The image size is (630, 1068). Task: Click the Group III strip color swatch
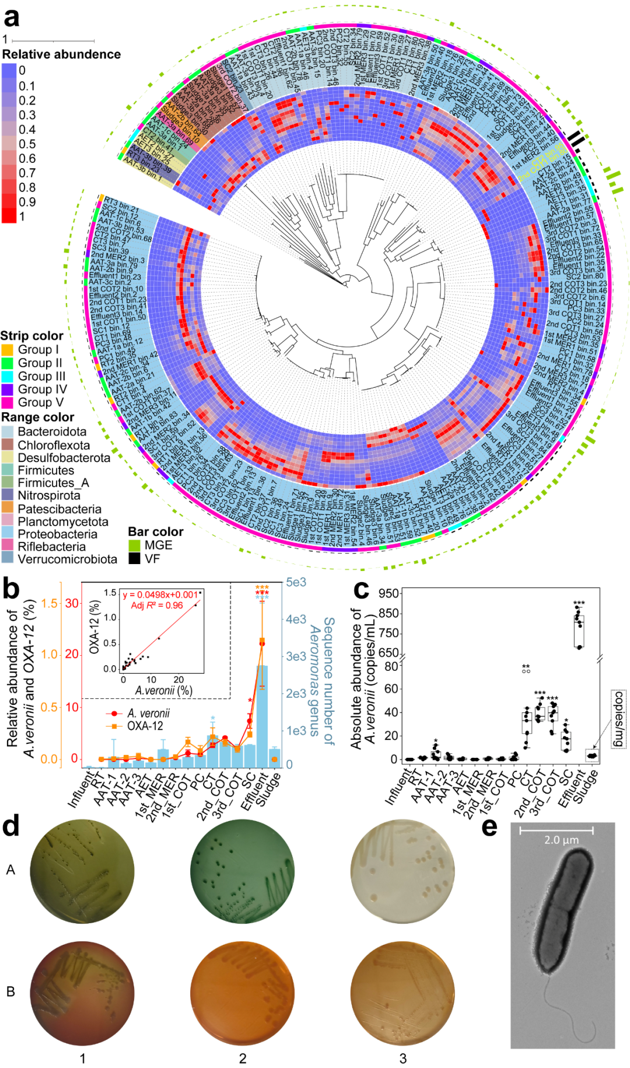tap(8, 376)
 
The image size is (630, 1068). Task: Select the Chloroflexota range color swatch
tap(8, 445)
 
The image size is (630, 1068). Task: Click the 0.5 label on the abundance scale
tap(27, 144)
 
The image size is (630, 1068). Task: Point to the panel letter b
tap(11, 589)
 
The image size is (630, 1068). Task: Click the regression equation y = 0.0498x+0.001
tap(160, 594)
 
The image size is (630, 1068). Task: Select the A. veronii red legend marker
tap(115, 714)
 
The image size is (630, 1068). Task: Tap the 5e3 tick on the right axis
tap(296, 582)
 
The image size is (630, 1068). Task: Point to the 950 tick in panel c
tap(388, 593)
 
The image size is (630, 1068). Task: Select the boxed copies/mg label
tap(618, 719)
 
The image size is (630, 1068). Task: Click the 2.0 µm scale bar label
tap(561, 840)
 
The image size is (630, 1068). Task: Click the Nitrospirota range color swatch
tap(8, 495)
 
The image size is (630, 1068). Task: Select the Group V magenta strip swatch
tap(8, 402)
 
